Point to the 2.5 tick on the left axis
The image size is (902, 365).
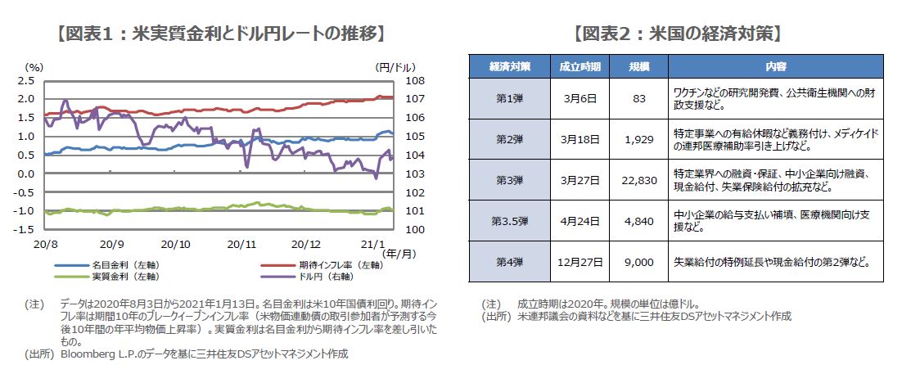click(x=25, y=80)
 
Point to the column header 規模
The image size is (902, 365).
click(x=639, y=66)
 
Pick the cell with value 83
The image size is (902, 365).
click(x=640, y=98)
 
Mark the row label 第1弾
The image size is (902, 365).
click(x=509, y=98)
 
